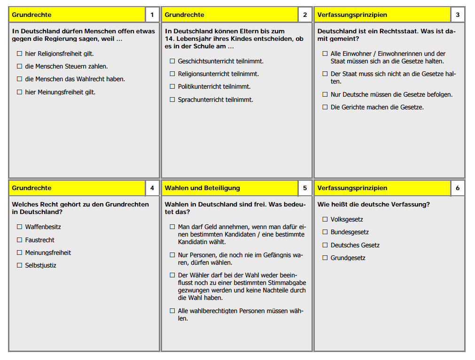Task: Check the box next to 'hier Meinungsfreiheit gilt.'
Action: pyautogui.click(x=19, y=92)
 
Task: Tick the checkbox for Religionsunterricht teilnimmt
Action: pyautogui.click(x=172, y=74)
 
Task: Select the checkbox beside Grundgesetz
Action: pyautogui.click(x=325, y=258)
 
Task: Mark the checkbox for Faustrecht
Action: pyautogui.click(x=19, y=240)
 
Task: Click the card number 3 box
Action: pyautogui.click(x=458, y=15)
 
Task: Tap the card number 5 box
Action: pyautogui.click(x=305, y=188)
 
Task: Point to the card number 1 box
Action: pyautogui.click(x=152, y=15)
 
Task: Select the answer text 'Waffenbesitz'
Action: pyautogui.click(x=43, y=227)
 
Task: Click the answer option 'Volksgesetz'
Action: pyautogui.click(x=347, y=219)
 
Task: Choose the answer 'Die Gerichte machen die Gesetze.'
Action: pyautogui.click(x=377, y=107)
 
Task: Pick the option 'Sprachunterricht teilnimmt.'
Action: pyautogui.click(x=215, y=100)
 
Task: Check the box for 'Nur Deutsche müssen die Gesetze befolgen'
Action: pyautogui.click(x=325, y=94)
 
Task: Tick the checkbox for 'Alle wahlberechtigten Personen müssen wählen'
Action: pyautogui.click(x=172, y=311)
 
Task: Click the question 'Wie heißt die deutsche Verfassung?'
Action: pyautogui.click(x=374, y=204)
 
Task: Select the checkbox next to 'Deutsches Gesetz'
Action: pyautogui.click(x=325, y=245)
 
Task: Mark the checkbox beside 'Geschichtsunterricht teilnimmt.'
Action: pyautogui.click(x=172, y=61)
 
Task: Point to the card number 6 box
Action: pyautogui.click(x=458, y=188)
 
